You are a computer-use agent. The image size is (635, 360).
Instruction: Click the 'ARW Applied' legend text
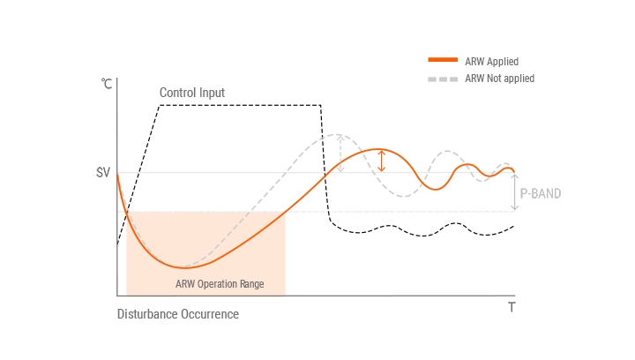[x=491, y=62]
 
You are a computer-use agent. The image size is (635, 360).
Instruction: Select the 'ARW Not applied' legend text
[x=499, y=79]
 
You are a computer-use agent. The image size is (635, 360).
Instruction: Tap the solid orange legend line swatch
[x=443, y=61]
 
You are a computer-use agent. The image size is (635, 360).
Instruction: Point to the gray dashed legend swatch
[x=443, y=79]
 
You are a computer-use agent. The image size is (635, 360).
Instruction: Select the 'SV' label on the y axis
[x=103, y=173]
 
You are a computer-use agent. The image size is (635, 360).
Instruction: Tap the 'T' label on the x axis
[x=512, y=307]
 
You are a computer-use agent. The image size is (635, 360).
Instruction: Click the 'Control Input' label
[x=192, y=93]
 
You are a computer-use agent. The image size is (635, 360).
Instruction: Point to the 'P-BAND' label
[x=540, y=193]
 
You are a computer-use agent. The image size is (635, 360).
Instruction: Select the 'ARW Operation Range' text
[x=220, y=284]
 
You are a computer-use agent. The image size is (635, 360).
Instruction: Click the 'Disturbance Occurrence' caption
[x=178, y=314]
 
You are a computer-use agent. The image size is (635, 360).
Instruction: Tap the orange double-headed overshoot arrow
[x=381, y=161]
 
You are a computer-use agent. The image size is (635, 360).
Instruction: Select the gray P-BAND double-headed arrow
[x=515, y=192]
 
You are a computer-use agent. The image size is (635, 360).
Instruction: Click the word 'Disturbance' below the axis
[x=146, y=314]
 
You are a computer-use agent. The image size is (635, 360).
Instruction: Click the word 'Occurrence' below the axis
[x=209, y=314]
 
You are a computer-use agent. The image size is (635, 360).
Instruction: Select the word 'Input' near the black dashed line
[x=212, y=93]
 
